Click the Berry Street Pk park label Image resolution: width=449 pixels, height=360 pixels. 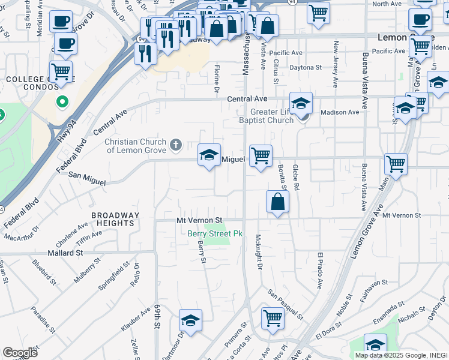(x=214, y=233)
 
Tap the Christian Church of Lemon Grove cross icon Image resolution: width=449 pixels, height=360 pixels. (x=176, y=144)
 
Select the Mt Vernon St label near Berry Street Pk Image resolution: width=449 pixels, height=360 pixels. (x=199, y=221)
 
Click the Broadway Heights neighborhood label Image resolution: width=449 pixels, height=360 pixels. (x=115, y=219)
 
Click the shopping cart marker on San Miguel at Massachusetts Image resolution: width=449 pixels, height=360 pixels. (x=261, y=156)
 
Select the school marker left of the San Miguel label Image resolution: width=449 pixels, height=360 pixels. (x=209, y=155)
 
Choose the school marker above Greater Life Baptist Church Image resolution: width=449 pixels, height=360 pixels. (x=301, y=103)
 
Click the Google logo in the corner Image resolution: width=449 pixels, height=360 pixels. (x=20, y=353)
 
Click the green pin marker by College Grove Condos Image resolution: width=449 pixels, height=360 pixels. (x=62, y=103)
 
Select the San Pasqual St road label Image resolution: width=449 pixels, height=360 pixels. (x=285, y=304)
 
